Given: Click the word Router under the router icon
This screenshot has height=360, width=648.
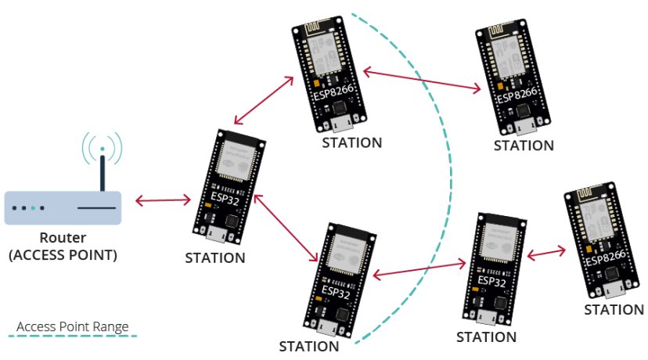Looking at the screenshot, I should click(x=63, y=238).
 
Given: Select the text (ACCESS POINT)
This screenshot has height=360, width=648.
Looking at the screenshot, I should click(x=63, y=254).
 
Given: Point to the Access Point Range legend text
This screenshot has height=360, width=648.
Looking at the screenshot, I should click(x=72, y=326).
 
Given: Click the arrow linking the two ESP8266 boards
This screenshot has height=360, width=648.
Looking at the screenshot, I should click(x=422, y=81).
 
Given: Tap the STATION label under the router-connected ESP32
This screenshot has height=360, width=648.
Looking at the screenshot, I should click(x=215, y=257).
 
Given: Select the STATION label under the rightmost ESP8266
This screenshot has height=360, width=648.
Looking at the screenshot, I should click(x=614, y=310).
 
